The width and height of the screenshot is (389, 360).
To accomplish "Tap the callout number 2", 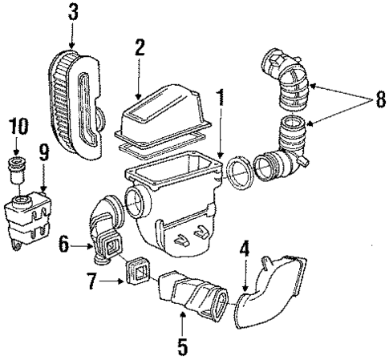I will coord(139,47).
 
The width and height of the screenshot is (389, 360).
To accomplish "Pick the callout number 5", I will coord(181,347).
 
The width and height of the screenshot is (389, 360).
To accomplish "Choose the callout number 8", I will coord(370,102).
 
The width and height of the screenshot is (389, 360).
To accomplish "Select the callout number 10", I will coord(18,126).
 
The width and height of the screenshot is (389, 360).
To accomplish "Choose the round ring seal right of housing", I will coord(237,171).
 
